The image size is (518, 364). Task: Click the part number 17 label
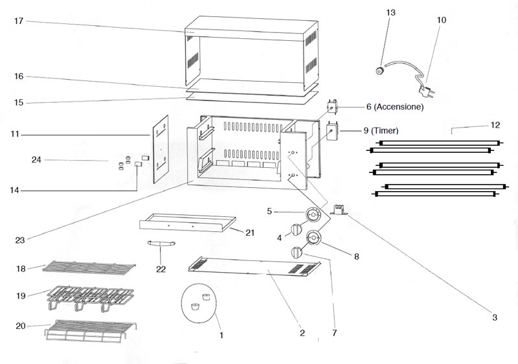coord(19,21)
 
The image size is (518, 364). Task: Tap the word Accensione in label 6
coord(400,107)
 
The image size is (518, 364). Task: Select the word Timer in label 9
coord(385,131)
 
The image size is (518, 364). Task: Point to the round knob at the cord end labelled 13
coord(381,71)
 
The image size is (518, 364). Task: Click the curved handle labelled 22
coord(161,244)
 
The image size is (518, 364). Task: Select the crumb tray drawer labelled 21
coord(188,222)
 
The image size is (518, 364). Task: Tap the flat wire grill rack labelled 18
coord(89,267)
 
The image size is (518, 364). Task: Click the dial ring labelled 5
coord(313,215)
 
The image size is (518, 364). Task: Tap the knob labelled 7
coord(297,253)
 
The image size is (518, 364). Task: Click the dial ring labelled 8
coord(313,238)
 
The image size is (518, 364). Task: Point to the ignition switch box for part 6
coord(332,107)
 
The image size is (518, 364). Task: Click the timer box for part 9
coord(332,131)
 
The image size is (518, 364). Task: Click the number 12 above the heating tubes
coord(495,125)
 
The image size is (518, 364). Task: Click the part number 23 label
coord(20,240)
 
